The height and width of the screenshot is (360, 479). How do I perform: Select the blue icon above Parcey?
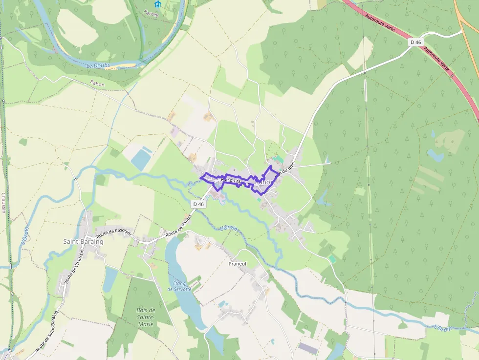157,4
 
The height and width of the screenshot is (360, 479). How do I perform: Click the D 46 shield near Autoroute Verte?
415,42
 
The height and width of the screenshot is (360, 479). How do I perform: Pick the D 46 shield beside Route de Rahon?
198,204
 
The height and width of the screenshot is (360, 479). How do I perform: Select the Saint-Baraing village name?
83,241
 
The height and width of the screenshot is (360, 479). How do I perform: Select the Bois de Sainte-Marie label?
146,317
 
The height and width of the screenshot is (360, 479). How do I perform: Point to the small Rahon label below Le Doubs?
97,84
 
